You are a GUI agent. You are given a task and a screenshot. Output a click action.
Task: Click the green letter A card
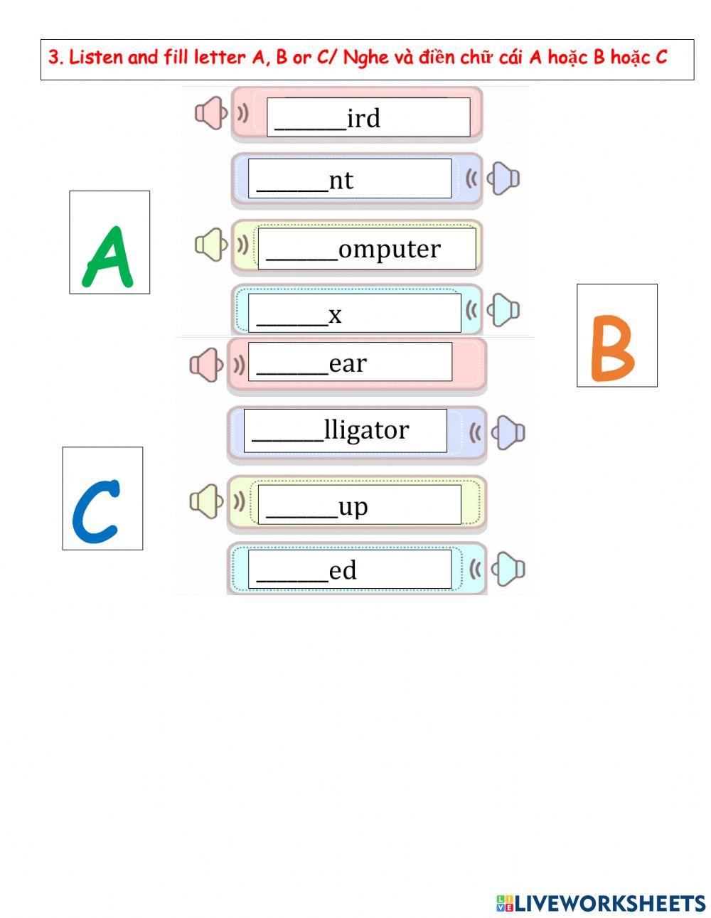[x=109, y=242]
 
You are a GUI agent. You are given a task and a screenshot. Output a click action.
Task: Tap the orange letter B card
[x=616, y=336]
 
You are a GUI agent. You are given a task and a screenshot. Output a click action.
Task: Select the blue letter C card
[x=102, y=498]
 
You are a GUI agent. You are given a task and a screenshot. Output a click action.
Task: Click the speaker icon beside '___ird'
[x=212, y=113]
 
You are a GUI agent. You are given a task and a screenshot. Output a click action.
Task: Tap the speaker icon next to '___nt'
[x=502, y=178]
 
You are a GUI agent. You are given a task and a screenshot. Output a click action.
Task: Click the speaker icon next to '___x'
[x=502, y=310]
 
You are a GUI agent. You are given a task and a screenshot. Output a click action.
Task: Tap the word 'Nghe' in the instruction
[x=365, y=58]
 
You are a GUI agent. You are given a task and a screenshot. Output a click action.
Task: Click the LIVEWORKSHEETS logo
[x=601, y=903]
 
